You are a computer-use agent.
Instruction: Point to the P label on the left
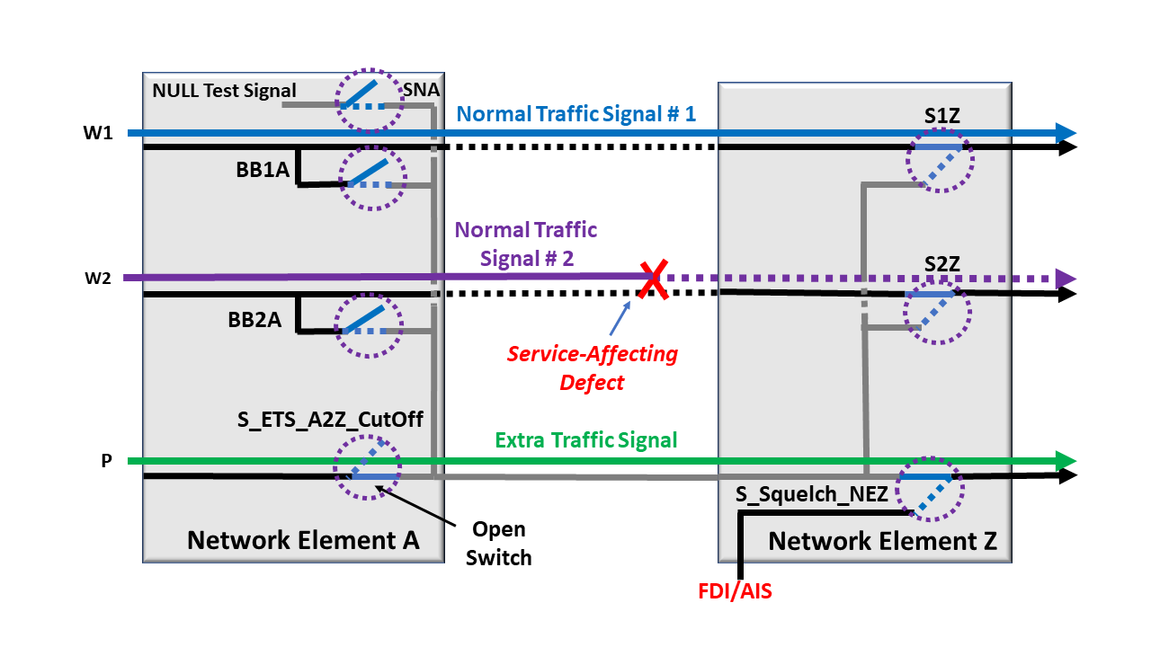click(106, 461)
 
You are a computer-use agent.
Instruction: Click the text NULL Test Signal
click(224, 90)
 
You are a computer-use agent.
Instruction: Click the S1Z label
click(942, 118)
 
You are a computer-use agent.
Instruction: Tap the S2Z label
click(942, 263)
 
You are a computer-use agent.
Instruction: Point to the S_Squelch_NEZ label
click(812, 493)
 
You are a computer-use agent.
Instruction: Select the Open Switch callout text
click(499, 543)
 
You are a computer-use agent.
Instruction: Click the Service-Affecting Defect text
click(592, 368)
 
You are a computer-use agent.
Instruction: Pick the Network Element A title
click(303, 540)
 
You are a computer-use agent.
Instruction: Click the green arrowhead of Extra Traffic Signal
click(1067, 461)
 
